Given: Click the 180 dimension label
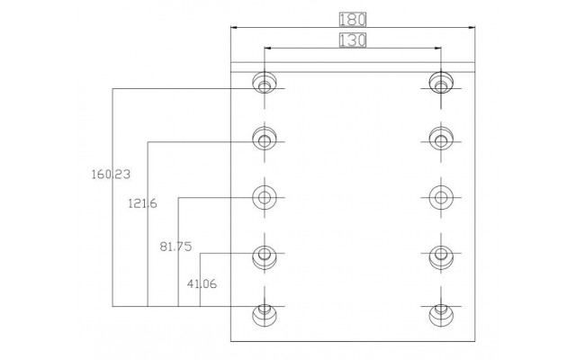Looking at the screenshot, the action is pos(353,20).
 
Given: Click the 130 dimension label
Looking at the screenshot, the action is pos(353,40).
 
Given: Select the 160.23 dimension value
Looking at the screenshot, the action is pos(111,174).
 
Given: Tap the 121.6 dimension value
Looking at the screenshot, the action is pos(142,203).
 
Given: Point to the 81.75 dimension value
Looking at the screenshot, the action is pos(175,246).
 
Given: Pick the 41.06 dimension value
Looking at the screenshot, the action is pos(202,283).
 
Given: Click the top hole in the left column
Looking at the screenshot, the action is pos(265,83).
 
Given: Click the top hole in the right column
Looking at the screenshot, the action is pos(441,83).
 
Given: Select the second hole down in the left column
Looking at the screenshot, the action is pos(265,139).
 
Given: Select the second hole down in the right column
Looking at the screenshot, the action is pos(441,139).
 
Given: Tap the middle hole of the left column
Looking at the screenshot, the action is pos(265,197).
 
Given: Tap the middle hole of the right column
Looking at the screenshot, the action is pos(441,197).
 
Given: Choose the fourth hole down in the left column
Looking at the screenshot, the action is pos(265,257).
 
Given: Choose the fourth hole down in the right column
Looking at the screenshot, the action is pos(441,257).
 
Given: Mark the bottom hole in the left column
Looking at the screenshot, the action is pos(265,315).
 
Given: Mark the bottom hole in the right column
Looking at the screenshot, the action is pos(441,315).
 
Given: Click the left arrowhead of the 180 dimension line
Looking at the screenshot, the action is pos(234,27).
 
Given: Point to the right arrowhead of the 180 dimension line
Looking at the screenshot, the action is pos(472,27).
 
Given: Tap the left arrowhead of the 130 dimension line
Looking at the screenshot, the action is pos(267,48).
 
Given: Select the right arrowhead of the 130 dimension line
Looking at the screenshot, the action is pos(438,48).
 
